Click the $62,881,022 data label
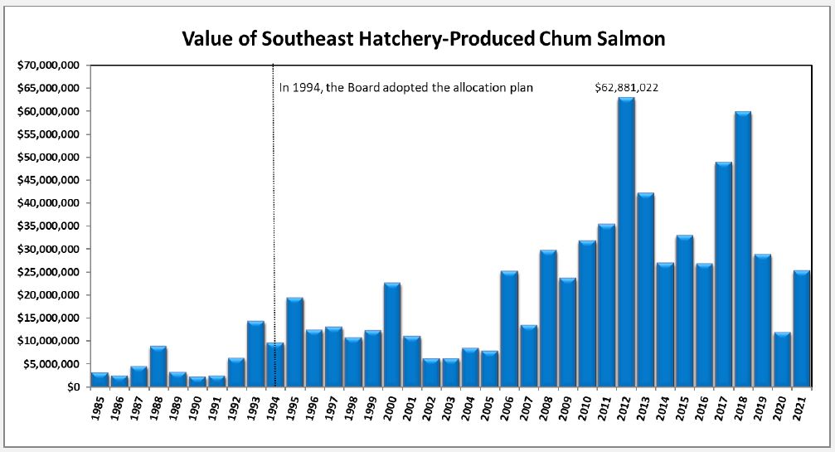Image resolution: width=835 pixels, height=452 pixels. (x=627, y=87)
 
